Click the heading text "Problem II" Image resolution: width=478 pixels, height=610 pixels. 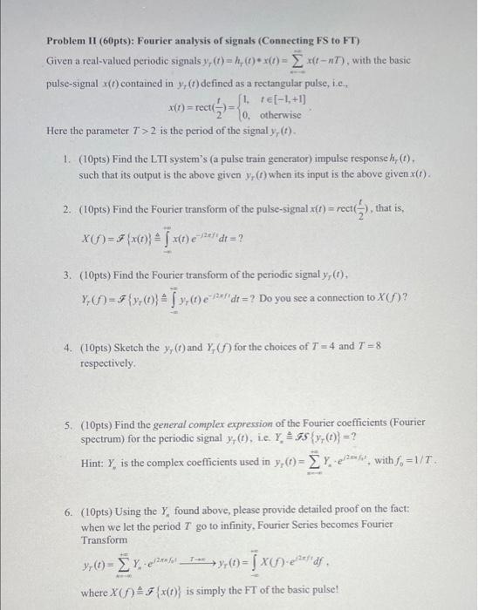pos(71,41)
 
